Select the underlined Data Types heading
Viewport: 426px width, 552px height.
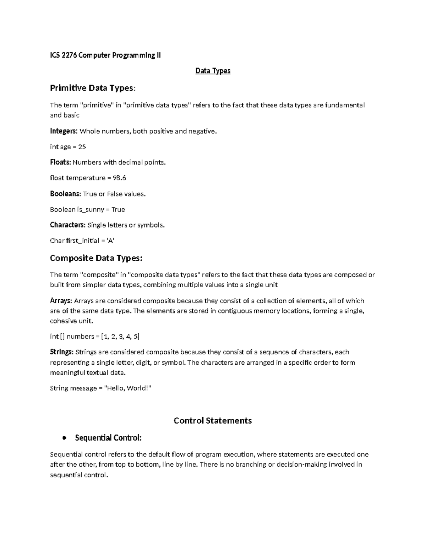point(213,71)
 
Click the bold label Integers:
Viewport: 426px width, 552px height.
point(64,131)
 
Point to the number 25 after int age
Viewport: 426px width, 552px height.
point(82,147)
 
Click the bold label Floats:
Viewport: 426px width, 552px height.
point(60,162)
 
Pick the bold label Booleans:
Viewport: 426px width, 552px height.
point(65,194)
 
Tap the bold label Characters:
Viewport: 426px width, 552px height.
point(67,225)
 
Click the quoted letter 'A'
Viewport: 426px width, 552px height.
point(110,241)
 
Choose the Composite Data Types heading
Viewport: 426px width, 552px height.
point(96,258)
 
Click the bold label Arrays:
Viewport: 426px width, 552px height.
point(61,301)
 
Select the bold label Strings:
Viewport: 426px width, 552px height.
point(62,352)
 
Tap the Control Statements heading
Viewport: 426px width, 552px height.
point(213,420)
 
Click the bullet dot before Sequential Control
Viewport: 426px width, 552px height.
point(64,438)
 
